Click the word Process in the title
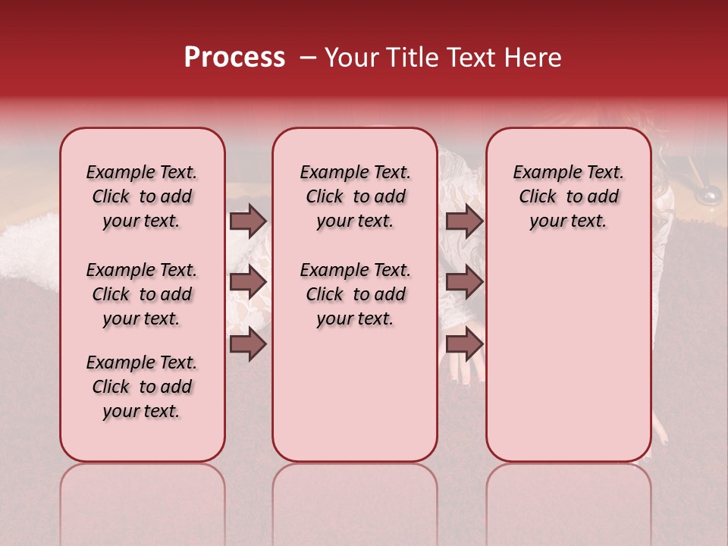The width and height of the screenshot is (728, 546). click(x=234, y=58)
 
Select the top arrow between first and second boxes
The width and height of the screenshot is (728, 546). click(x=248, y=221)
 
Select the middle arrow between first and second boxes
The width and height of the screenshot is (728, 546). click(x=248, y=283)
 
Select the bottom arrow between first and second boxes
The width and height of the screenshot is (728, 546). click(x=248, y=345)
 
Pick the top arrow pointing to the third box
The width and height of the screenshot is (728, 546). click(x=464, y=221)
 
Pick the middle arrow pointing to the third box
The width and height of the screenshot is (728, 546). click(x=464, y=283)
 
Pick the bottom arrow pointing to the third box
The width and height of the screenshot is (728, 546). click(x=464, y=345)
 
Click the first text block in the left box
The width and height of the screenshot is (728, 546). click(x=142, y=196)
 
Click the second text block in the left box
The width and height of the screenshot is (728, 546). click(x=142, y=294)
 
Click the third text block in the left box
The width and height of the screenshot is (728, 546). click(x=142, y=387)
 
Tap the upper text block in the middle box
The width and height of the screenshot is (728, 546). click(x=355, y=196)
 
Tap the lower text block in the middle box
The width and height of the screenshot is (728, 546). click(x=355, y=294)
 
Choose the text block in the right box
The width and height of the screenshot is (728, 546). click(x=568, y=196)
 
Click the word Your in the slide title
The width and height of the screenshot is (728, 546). click(x=350, y=58)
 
